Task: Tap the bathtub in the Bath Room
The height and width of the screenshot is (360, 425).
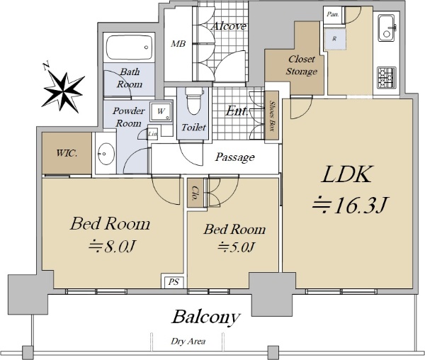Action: [130, 47]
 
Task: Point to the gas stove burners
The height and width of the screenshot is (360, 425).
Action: [387, 76]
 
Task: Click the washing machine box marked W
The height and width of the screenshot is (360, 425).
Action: [161, 111]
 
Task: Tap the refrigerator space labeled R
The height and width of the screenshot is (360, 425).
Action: [335, 39]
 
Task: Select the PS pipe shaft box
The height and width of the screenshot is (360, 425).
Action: [174, 282]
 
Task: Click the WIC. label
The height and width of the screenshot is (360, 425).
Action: [67, 154]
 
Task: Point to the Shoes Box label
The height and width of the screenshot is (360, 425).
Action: [273, 116]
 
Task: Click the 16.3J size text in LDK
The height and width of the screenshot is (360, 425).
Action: [350, 206]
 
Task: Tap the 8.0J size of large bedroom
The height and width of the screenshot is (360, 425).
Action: [112, 246]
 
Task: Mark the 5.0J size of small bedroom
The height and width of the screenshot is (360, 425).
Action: [236, 247]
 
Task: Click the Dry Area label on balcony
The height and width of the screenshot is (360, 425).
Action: [188, 342]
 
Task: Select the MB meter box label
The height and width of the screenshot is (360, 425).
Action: [178, 43]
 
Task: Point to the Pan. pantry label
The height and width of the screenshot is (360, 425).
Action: [333, 14]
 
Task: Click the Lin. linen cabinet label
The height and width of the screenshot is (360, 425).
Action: [152, 134]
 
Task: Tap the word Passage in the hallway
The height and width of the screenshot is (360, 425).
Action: [235, 157]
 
